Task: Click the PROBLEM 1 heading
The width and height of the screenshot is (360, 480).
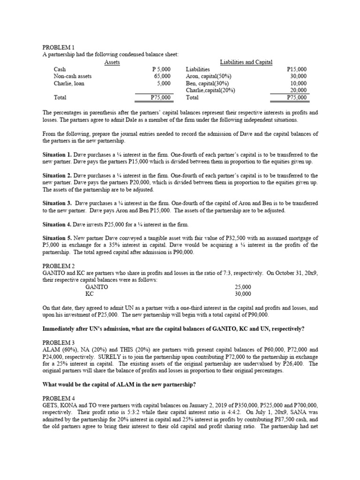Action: click(59, 47)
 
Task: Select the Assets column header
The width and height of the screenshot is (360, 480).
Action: click(112, 62)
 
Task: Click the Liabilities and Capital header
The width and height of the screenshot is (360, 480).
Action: click(246, 62)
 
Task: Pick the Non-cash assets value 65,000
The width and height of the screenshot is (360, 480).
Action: click(162, 76)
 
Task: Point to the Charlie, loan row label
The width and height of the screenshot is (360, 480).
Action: click(69, 83)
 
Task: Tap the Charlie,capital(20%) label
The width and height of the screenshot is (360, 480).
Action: click(210, 90)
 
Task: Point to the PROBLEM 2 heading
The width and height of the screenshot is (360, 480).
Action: click(59, 266)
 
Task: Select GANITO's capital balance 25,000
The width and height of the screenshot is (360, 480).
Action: click(243, 287)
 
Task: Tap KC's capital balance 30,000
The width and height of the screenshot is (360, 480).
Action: click(243, 294)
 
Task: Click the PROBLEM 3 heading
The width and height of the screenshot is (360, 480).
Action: click(59, 343)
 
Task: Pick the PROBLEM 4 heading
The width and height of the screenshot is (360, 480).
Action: click(59, 398)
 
